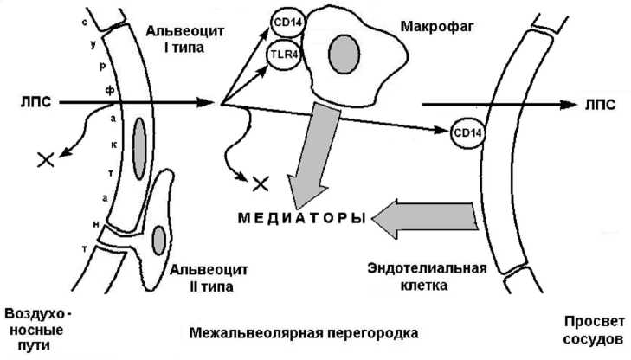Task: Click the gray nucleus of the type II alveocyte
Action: click(x=158, y=236)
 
